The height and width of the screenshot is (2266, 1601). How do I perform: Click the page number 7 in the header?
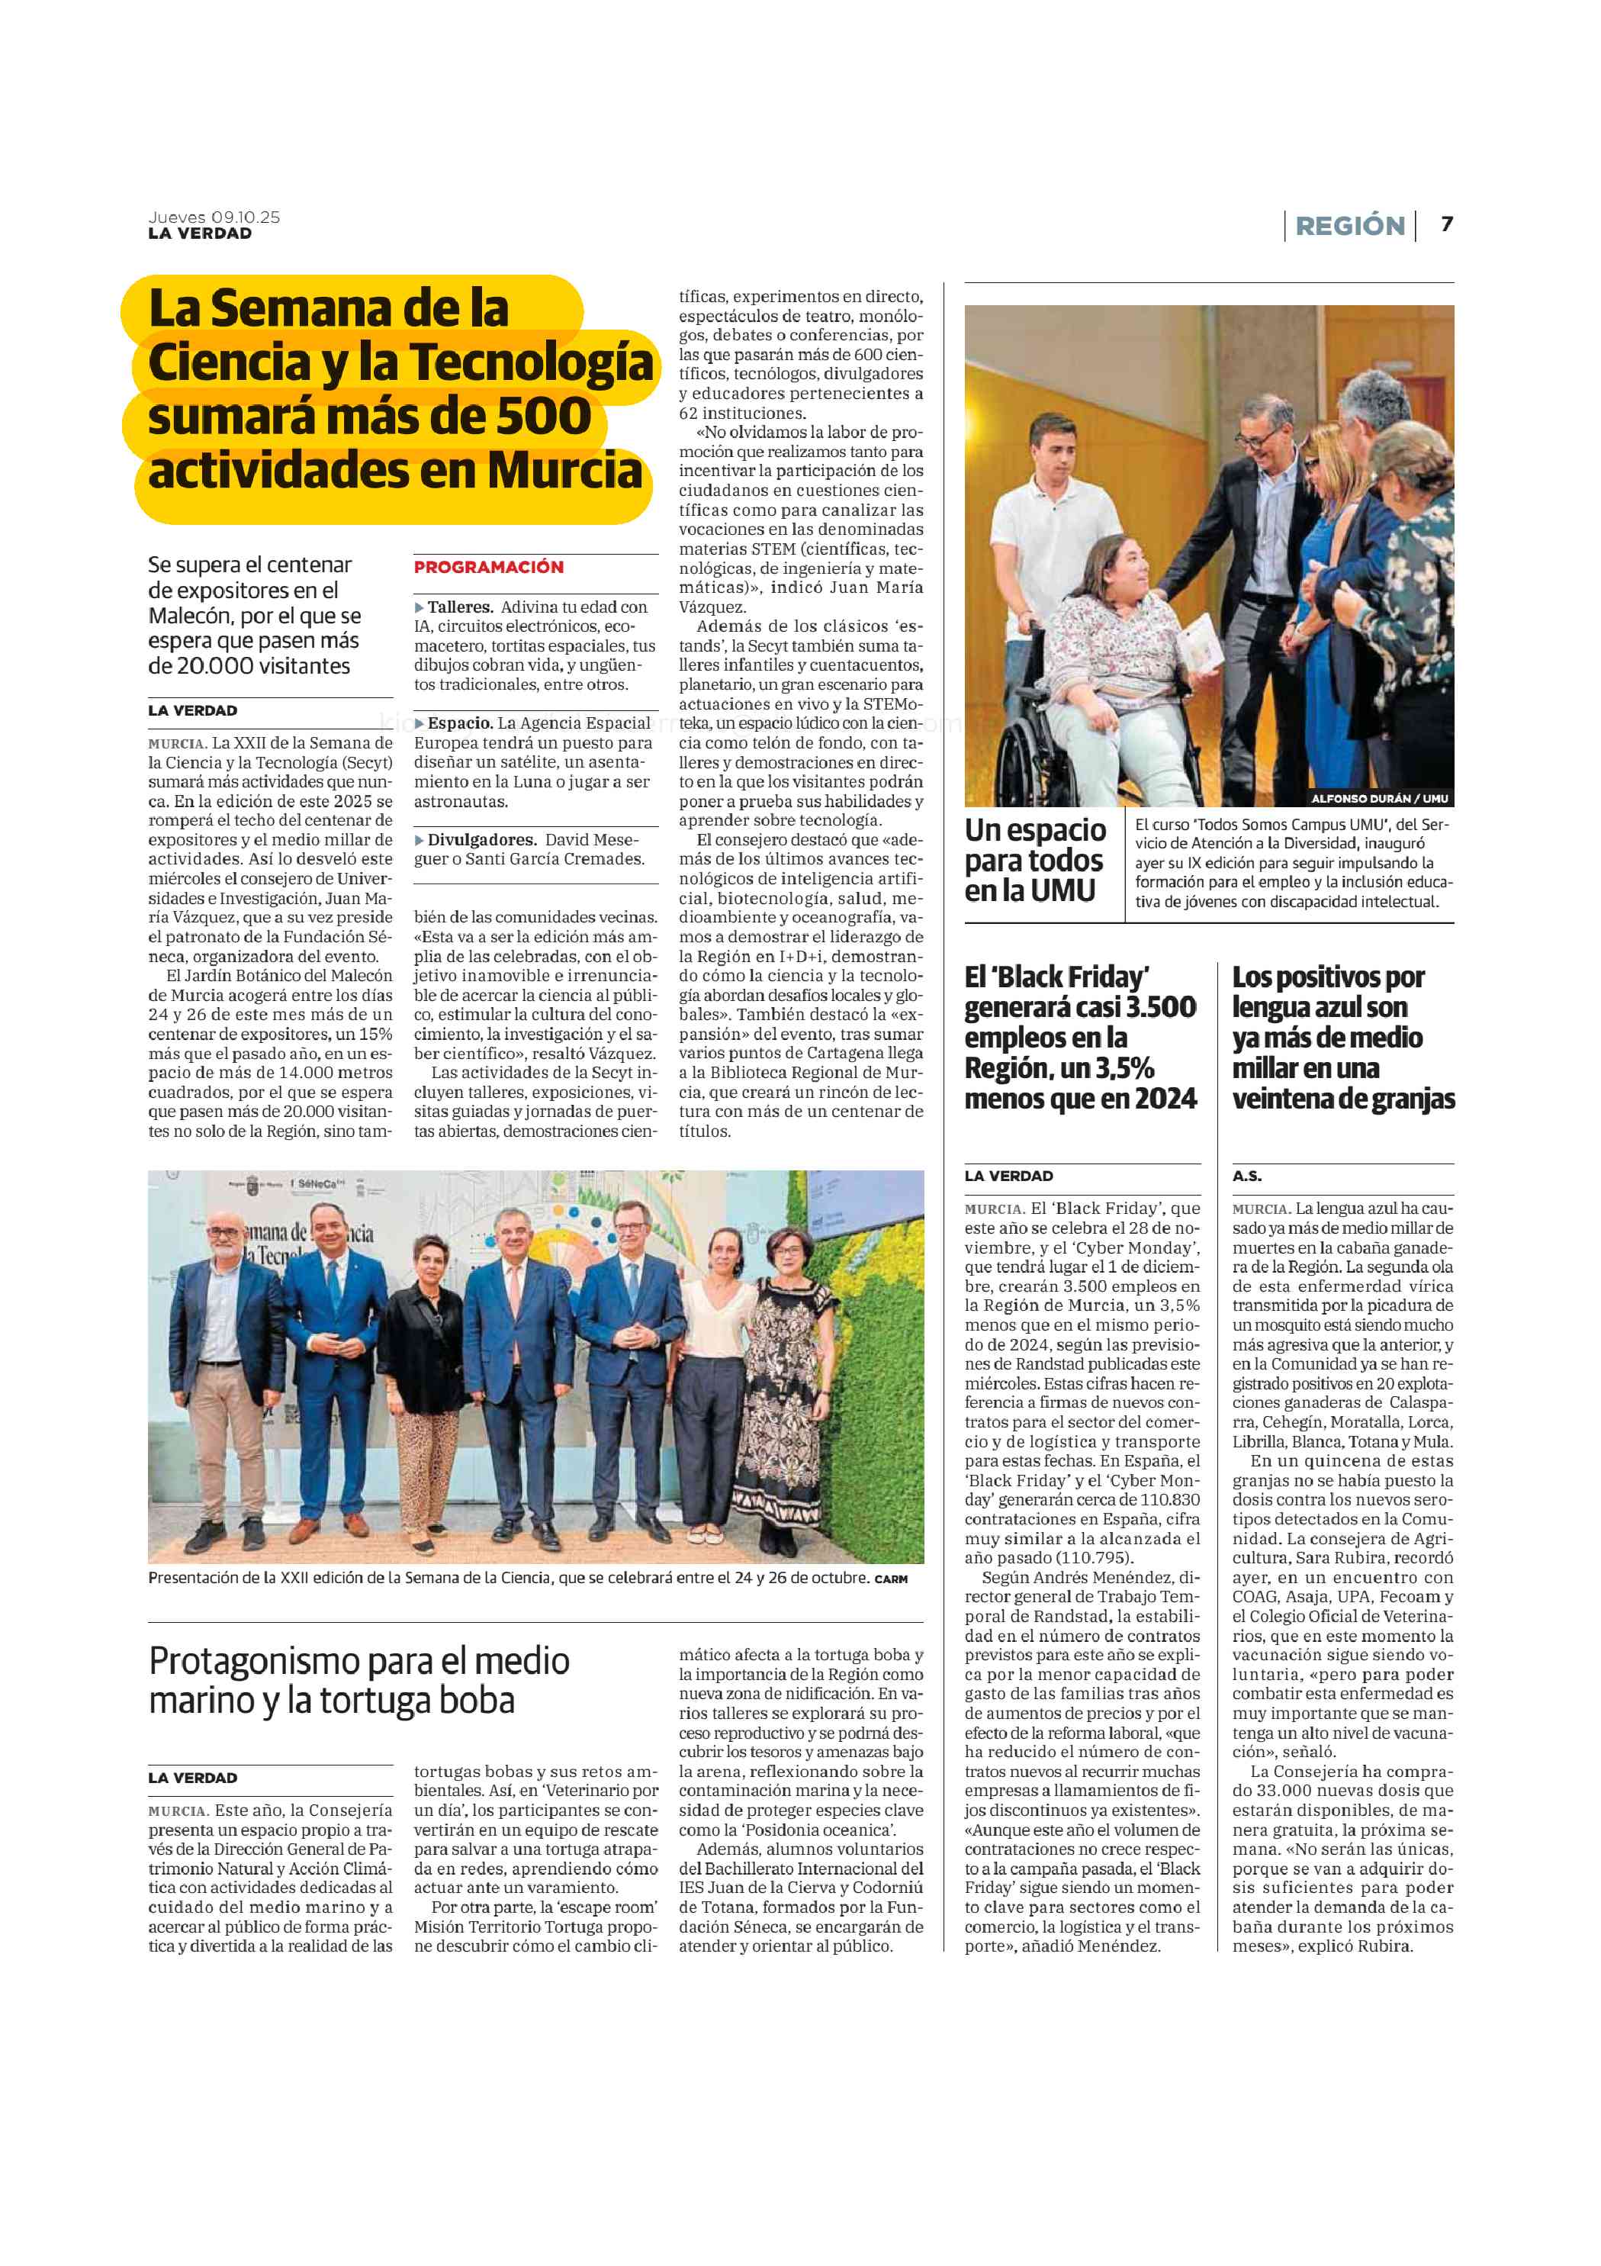tap(1446, 224)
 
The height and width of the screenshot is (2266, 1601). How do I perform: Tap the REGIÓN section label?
tap(1349, 226)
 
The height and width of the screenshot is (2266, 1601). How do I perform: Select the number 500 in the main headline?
tap(542, 417)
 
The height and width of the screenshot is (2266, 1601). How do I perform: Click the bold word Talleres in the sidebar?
tap(460, 607)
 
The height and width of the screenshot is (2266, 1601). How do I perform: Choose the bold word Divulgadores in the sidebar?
tap(481, 840)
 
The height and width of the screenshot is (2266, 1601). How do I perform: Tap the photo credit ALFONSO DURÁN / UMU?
tap(1378, 798)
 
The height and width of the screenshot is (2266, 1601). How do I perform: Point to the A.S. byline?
tap(1247, 1176)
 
